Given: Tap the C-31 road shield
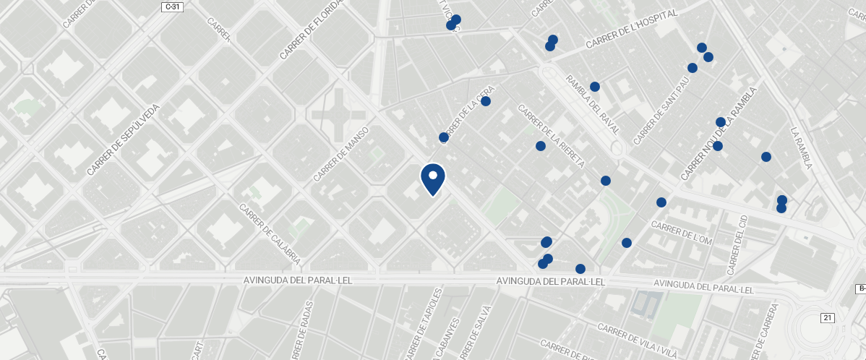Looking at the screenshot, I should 172,7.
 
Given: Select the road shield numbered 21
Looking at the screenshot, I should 828,318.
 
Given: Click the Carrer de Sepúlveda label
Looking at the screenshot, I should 122,140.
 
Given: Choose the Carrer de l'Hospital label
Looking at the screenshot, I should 631,30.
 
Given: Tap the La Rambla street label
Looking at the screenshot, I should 802,149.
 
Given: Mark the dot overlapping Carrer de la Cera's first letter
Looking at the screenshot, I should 444,137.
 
